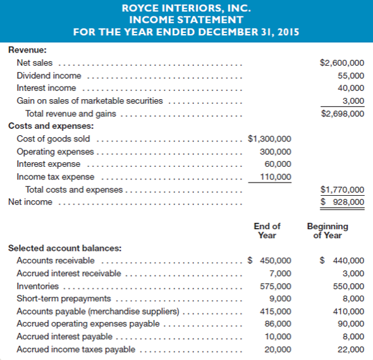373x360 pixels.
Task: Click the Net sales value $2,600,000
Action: click(x=342, y=63)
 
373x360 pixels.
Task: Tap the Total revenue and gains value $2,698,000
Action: click(x=342, y=114)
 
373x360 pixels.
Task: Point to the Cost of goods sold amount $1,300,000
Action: click(x=269, y=139)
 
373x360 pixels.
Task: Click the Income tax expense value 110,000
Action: click(x=276, y=177)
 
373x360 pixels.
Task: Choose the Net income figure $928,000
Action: click(x=342, y=202)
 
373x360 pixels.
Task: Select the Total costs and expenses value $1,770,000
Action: click(x=342, y=189)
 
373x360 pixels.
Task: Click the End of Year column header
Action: click(x=267, y=231)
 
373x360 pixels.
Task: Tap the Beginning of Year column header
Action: click(x=327, y=231)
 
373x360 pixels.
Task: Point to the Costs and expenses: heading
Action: click(x=51, y=126)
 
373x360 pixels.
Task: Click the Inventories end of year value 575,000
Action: click(x=276, y=286)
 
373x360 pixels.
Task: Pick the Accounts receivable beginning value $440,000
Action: click(x=342, y=260)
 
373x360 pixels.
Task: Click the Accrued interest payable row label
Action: click(x=64, y=337)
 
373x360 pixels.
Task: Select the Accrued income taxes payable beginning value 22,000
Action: click(x=351, y=349)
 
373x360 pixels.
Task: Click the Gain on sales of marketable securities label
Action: click(x=89, y=101)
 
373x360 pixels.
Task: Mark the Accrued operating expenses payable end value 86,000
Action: click(x=278, y=324)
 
